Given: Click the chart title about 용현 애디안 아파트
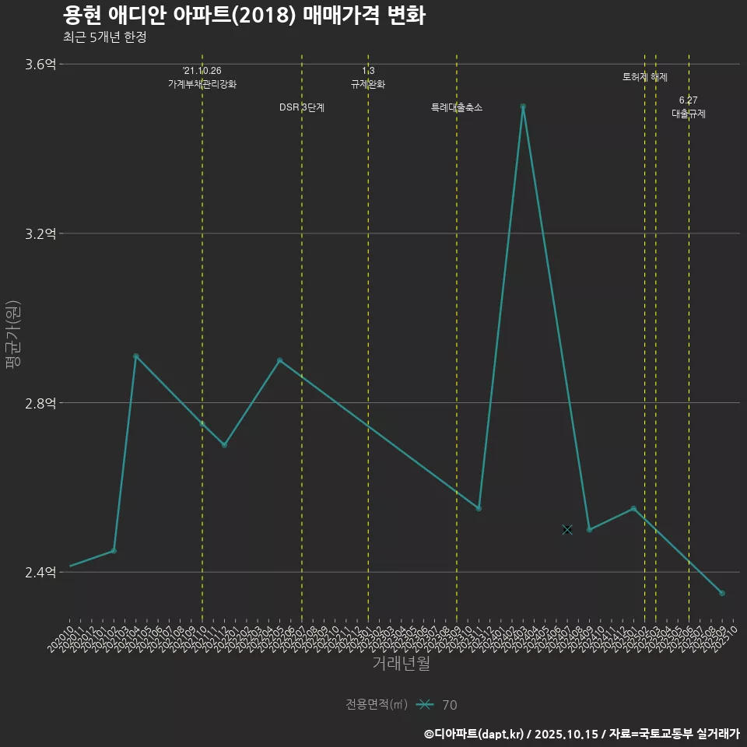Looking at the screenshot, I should pos(244,16).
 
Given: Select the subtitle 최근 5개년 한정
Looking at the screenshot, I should pos(104,37).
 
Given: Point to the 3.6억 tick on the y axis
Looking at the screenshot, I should pos(40,65).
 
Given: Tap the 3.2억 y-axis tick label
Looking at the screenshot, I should pos(40,233).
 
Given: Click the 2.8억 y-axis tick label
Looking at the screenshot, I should pos(40,403).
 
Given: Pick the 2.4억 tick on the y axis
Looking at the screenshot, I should pos(40,573).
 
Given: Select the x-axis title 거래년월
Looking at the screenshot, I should pos(401,664).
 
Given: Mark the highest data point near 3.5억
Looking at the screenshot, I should pos(523,106).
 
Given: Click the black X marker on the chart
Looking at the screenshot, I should pos(567,530).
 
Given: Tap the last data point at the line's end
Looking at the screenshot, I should pos(722,594).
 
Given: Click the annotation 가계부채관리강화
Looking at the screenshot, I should pos(202,84).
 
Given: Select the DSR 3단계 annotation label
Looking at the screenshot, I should pos(302,107).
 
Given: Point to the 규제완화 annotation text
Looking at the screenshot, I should pos(368,84).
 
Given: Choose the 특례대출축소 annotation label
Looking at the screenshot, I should pos(457,107).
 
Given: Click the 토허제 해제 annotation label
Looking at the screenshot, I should pos(645,77).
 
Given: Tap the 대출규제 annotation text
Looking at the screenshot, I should pos(689,114).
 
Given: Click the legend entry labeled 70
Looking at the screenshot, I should pos(449,705).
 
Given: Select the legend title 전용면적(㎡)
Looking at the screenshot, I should pos(377,705).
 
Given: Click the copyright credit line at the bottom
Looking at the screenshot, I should pos(581,734).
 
